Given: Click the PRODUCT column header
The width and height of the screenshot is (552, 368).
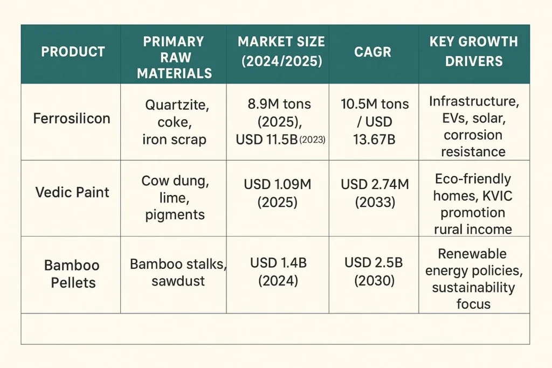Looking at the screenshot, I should [73, 52].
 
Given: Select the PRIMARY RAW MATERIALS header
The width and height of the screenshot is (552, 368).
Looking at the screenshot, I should [174, 58].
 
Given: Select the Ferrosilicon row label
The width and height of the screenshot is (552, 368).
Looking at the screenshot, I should [71, 119].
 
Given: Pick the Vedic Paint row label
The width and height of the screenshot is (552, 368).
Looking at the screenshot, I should [72, 192].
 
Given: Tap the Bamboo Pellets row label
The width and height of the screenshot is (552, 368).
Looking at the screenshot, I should [72, 273].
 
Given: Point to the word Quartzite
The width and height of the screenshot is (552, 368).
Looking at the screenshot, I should [174, 105].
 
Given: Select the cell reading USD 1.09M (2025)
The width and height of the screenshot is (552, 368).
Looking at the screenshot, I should [278, 192].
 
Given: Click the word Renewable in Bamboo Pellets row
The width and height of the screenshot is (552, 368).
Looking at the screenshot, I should [472, 254].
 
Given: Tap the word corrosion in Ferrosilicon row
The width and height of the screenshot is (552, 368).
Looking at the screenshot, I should [472, 135].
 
